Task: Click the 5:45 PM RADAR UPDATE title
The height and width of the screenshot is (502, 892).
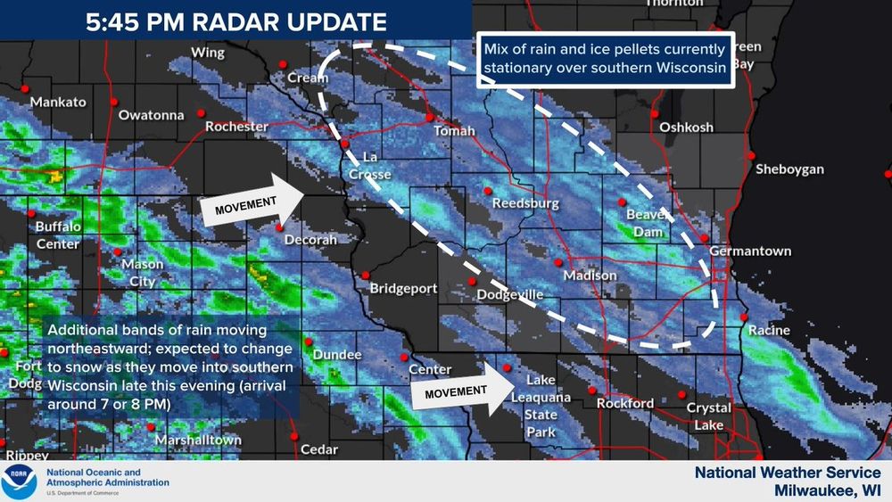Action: [235, 22]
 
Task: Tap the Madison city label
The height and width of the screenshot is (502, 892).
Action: [590, 276]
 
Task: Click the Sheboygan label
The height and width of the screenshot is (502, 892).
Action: [789, 169]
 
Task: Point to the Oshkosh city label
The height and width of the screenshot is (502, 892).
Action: [686, 128]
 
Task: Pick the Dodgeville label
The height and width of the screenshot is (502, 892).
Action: [509, 294]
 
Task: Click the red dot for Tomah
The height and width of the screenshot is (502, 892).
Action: [429, 117]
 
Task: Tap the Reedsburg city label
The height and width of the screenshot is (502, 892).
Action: [525, 203]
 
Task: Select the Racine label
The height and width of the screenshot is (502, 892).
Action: [769, 331]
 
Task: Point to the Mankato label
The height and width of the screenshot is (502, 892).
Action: [58, 102]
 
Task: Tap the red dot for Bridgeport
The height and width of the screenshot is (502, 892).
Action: [365, 275]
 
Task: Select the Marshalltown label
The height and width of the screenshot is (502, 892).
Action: [198, 440]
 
